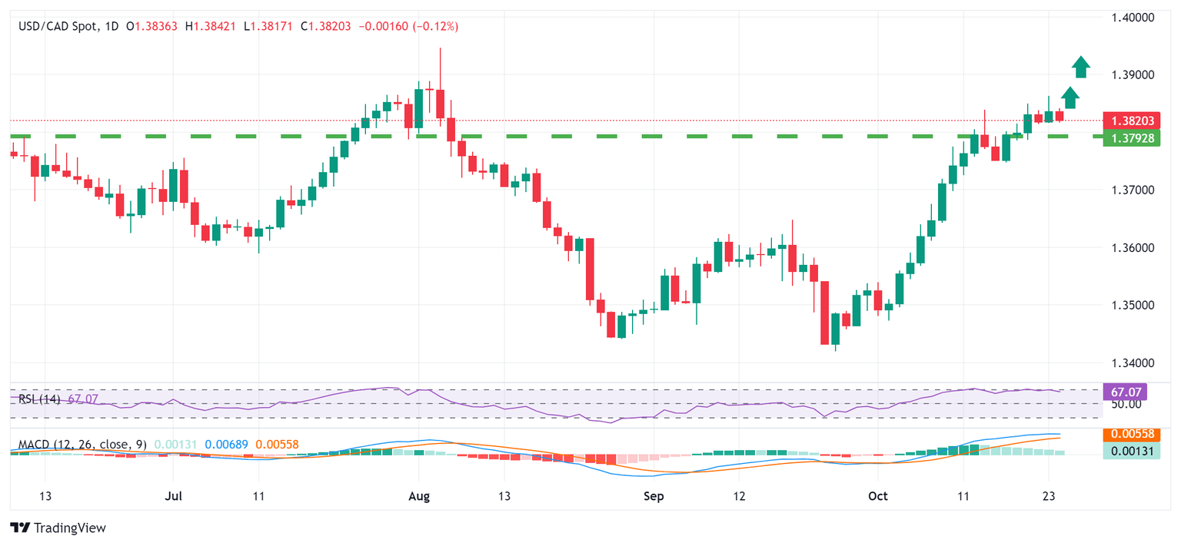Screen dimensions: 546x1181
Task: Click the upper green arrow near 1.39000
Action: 1081,68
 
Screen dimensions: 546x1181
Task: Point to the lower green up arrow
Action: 1070,98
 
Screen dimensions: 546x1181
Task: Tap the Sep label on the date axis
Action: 654,496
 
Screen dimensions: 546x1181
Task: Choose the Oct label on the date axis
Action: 877,496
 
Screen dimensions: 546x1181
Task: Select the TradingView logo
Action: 58,528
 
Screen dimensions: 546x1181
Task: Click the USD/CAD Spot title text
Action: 58,26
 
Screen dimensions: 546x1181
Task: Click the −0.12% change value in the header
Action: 435,26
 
